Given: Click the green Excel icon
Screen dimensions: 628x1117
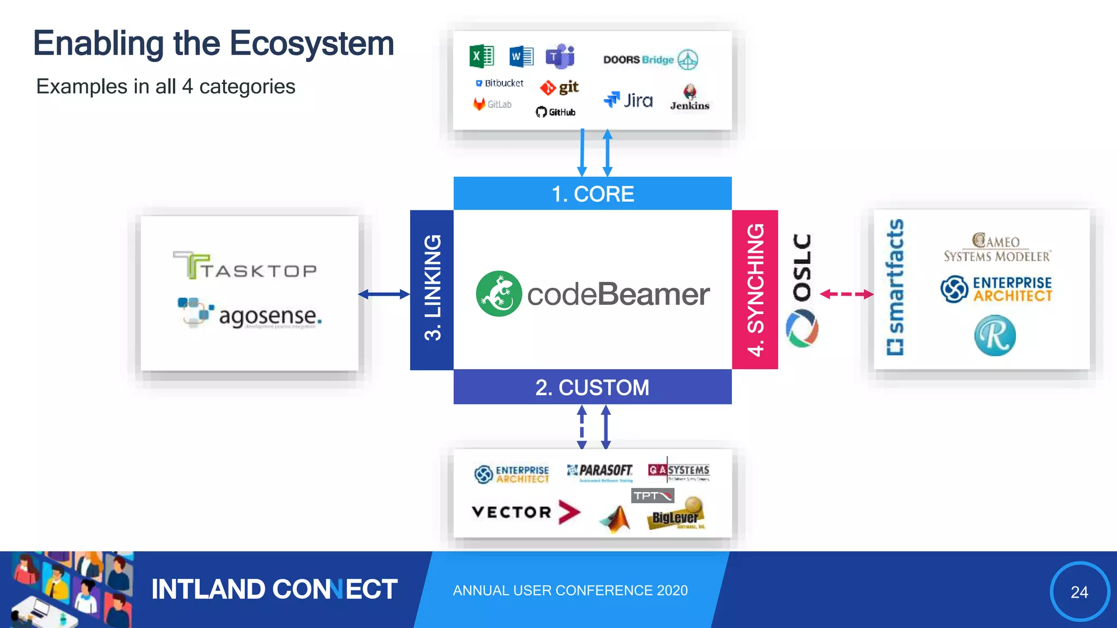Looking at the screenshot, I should click(482, 56).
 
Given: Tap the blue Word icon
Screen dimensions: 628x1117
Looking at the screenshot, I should click(521, 56).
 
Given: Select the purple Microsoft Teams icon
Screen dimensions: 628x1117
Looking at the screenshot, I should click(561, 56).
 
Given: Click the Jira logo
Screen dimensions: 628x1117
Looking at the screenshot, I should click(628, 100).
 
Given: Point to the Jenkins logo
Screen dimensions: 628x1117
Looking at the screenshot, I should click(690, 98).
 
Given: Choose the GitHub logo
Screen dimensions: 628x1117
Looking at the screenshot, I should click(556, 112).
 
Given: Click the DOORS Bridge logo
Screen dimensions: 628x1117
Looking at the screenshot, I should click(650, 59).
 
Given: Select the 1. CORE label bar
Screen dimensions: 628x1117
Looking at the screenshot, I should click(592, 194).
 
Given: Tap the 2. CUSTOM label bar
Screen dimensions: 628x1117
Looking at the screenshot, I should click(592, 387).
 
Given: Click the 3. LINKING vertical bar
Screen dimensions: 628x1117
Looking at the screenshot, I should click(432, 289).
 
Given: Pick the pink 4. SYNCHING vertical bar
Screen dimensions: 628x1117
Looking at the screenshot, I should click(755, 289).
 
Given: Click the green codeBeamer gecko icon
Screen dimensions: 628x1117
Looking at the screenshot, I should click(499, 294).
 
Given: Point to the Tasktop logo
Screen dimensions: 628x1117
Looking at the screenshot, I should click(245, 266).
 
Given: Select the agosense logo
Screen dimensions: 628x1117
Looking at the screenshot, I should click(250, 313).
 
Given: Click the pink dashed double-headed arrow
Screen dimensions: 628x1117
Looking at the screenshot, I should click(846, 294).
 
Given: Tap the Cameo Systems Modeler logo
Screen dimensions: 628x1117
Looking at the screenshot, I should click(997, 248).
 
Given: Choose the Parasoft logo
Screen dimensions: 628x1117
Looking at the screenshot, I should click(600, 471).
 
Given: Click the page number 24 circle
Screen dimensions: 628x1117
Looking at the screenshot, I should click(1079, 591).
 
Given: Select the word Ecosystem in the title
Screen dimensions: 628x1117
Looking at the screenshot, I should click(311, 44).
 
